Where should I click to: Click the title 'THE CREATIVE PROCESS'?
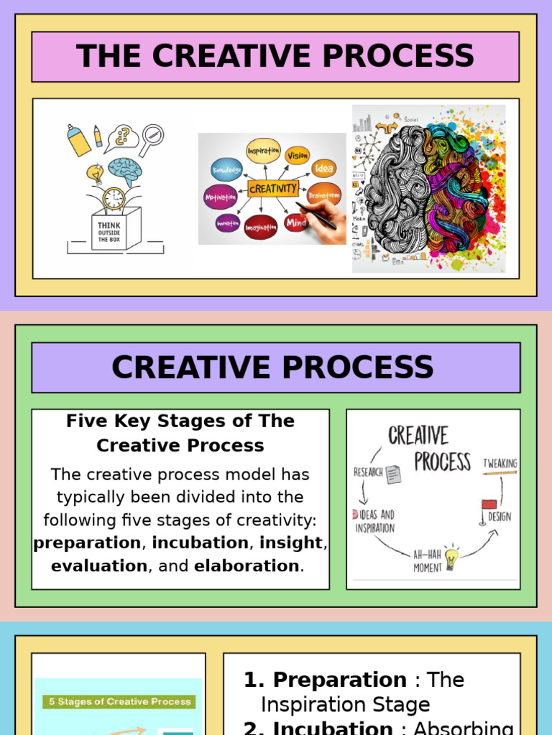coord(275,57)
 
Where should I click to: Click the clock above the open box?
coord(114,199)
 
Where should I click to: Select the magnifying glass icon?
coord(152,138)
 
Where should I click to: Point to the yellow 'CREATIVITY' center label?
coord(272,189)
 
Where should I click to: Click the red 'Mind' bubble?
coord(296,223)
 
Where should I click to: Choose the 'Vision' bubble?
coord(297,155)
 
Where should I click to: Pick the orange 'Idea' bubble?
coord(323,169)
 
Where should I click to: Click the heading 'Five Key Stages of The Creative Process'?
coord(180,433)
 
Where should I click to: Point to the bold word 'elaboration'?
coord(247,566)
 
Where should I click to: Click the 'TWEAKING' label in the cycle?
coord(500,463)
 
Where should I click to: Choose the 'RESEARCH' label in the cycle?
coord(368,472)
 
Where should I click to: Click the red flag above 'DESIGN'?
coord(489,505)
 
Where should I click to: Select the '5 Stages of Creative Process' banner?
coord(120,701)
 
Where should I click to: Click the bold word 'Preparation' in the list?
coord(339,680)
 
